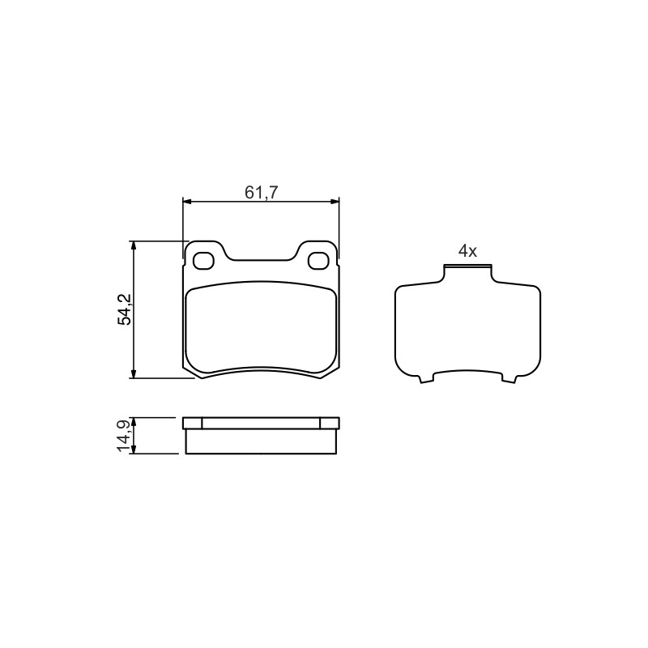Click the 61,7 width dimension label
coord(262,192)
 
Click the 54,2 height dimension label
coord(125,309)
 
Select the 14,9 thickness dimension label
coord(125,436)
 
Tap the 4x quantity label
coord(467,251)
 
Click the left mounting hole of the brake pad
coord(203,261)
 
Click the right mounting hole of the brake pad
coord(318,261)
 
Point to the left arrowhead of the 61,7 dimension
coord(188,201)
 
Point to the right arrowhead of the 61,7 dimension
coord(334,201)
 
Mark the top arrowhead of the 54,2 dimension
coord(133,246)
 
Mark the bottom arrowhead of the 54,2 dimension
coord(133,373)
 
